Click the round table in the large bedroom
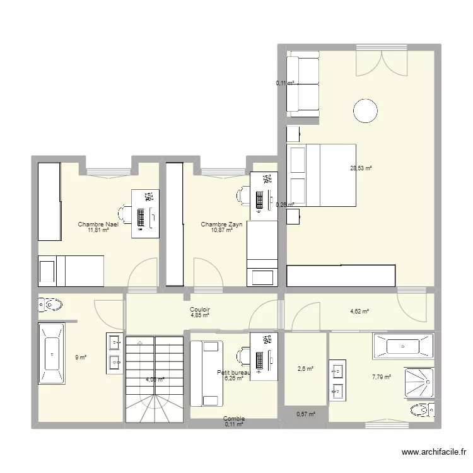click(366, 112)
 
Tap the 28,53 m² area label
click(361, 168)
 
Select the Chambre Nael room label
click(98, 225)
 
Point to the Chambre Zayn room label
click(221, 225)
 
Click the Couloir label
click(199, 310)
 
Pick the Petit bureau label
click(233, 373)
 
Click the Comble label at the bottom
click(233, 419)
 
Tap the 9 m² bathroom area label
click(81, 358)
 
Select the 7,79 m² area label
click(381, 377)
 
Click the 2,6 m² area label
click(305, 369)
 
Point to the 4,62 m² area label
click(359, 311)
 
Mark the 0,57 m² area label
click(305, 414)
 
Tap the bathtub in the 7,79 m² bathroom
click(403, 346)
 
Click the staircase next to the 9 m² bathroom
click(154, 379)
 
